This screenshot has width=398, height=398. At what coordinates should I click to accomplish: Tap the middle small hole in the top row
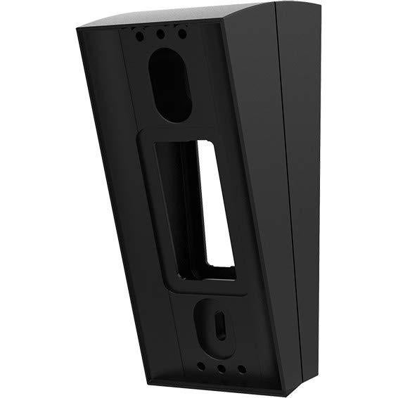tap(161, 32)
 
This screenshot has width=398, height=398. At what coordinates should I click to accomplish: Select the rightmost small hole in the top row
tap(181, 32)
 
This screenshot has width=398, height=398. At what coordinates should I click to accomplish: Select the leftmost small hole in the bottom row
tap(201, 366)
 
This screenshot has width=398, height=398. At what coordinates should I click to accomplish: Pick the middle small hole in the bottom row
tap(221, 367)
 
